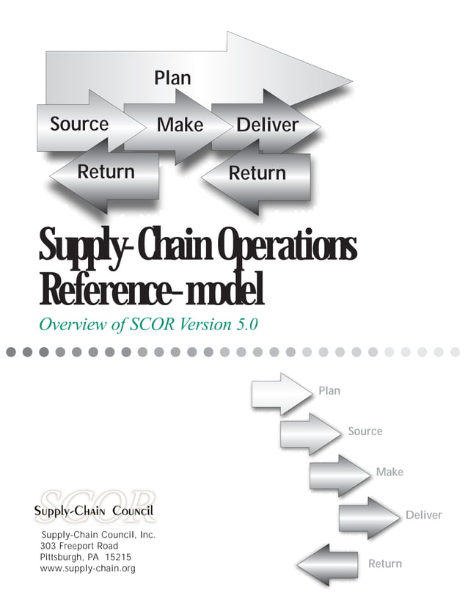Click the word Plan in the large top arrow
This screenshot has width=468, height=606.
(x=173, y=78)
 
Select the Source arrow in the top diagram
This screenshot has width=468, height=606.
(x=79, y=125)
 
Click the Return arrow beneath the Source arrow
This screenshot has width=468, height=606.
(x=106, y=172)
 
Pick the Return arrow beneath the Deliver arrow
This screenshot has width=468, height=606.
(x=257, y=174)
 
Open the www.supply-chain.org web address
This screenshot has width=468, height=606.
(x=87, y=569)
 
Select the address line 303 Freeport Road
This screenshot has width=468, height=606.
(x=79, y=547)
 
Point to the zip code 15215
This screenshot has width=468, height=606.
(x=117, y=558)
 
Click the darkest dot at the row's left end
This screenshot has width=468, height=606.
(x=11, y=352)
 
